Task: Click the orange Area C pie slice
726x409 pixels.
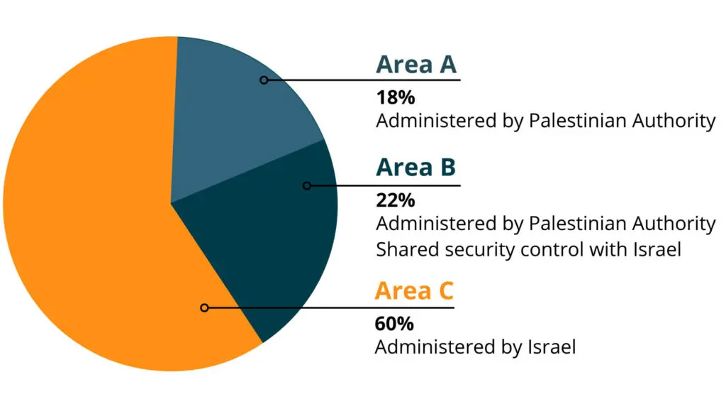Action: pyautogui.click(x=92, y=213)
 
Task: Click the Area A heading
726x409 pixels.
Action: pyautogui.click(x=416, y=65)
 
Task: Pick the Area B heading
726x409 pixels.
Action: pyautogui.click(x=415, y=168)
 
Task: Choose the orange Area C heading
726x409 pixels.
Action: pyautogui.click(x=414, y=291)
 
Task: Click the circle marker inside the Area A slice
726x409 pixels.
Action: pyautogui.click(x=264, y=80)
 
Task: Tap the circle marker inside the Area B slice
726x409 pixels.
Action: pyautogui.click(x=306, y=186)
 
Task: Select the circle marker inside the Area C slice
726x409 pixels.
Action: pyautogui.click(x=204, y=307)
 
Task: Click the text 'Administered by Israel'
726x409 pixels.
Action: pyautogui.click(x=474, y=347)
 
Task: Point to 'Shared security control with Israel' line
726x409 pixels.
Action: pyautogui.click(x=528, y=249)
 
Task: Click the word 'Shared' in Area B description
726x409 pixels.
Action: pyautogui.click(x=402, y=249)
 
